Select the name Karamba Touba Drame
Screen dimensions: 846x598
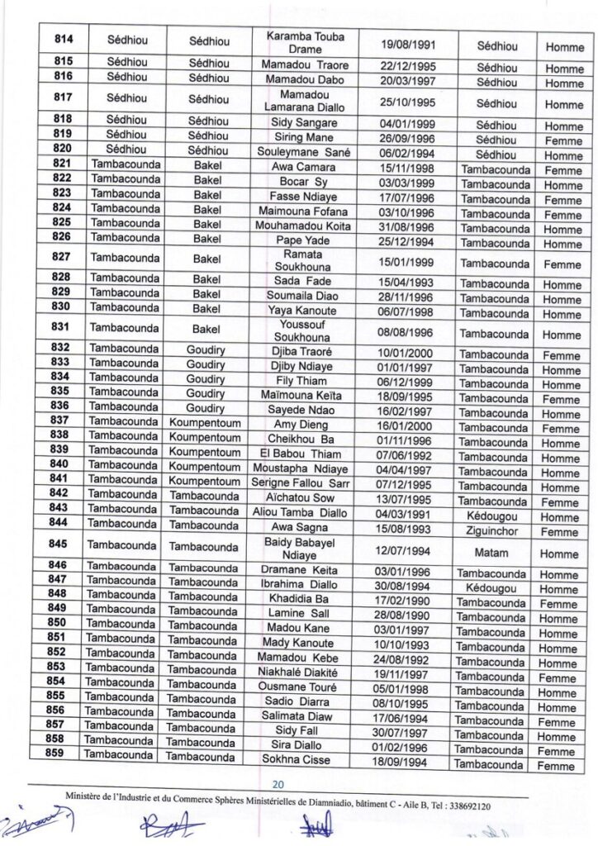pos(306,44)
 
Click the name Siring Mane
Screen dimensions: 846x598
pos(305,137)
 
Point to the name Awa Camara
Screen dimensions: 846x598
pos(305,168)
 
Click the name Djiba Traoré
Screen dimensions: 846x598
pos(305,354)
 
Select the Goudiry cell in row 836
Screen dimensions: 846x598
pos(206,407)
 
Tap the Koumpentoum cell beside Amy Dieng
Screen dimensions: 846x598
pos(206,422)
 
